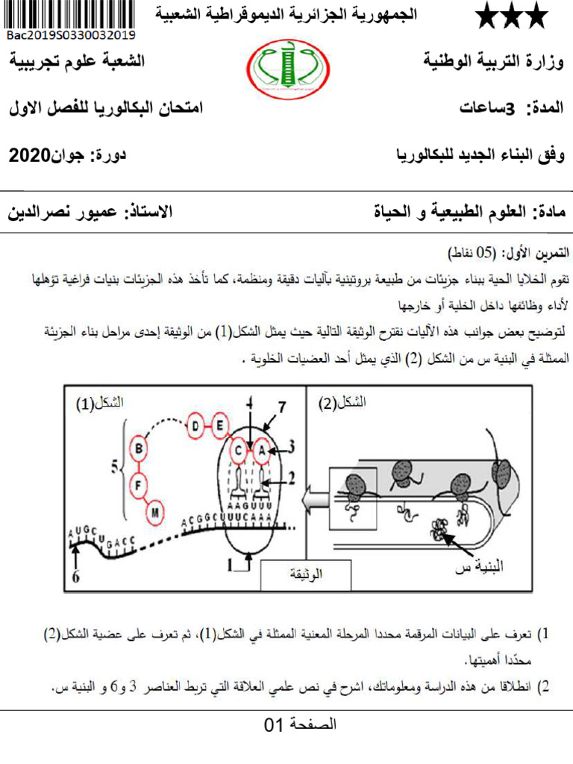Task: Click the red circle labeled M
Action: coord(156,512)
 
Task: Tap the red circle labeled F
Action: coord(139,483)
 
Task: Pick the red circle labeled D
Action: coord(196,425)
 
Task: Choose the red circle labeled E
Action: coord(221,425)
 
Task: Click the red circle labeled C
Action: coord(238,450)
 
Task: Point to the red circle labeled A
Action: coord(263,450)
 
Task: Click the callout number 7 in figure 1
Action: coord(281,407)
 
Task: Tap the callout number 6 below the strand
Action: coord(75,577)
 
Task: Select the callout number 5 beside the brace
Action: coord(114,468)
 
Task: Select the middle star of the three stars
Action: coord(512,16)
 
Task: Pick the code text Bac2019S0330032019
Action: coord(72,34)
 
